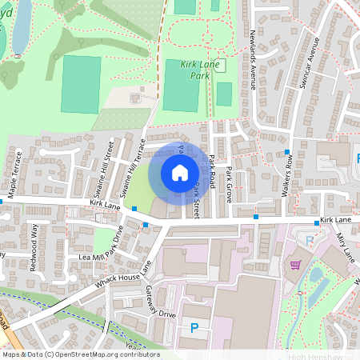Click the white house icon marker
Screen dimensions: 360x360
(180, 173)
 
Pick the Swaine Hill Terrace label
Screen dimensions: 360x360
(131, 168)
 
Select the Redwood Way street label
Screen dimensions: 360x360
(34, 238)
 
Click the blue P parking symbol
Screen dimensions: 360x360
(194, 327)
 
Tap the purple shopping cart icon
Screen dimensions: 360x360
(295, 265)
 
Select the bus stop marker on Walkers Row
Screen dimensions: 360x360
(286, 151)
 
